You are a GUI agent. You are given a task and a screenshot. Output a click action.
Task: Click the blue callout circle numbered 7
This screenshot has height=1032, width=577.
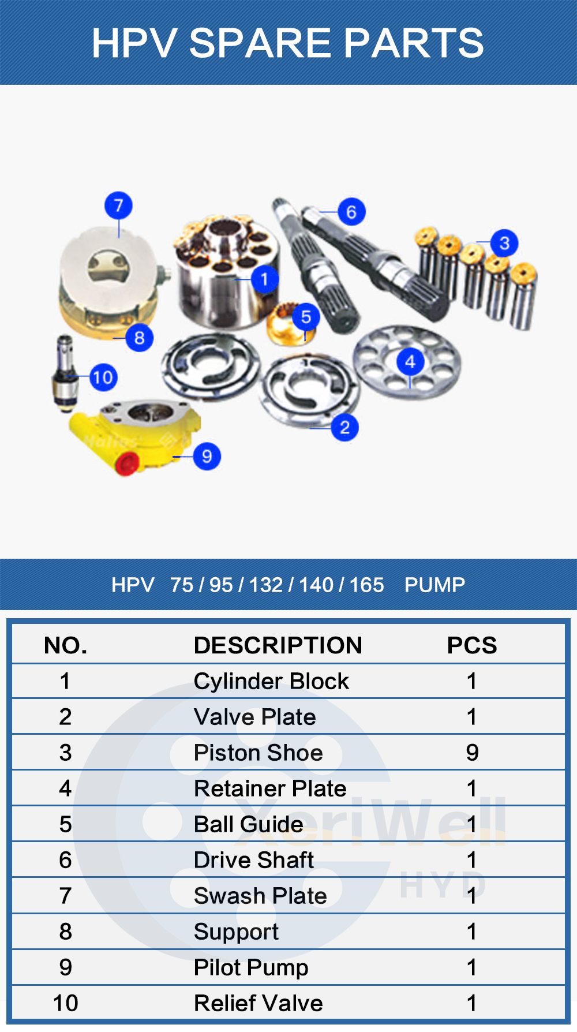click(118, 206)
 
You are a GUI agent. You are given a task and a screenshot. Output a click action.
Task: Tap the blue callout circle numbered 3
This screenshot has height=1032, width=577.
click(504, 243)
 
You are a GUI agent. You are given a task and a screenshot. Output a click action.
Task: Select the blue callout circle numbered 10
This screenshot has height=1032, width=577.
click(103, 377)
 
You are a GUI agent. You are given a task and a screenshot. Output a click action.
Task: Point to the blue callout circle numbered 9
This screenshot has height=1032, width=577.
click(207, 456)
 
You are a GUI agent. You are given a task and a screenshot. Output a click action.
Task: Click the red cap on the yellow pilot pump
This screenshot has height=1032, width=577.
click(126, 463)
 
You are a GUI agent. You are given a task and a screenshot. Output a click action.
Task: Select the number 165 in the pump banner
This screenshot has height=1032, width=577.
click(366, 585)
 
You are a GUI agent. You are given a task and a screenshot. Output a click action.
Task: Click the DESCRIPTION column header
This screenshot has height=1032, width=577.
click(278, 645)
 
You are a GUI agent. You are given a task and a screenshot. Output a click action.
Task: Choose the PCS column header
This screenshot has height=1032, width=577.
click(471, 645)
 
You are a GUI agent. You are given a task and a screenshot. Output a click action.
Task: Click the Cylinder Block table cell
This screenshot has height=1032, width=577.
click(271, 681)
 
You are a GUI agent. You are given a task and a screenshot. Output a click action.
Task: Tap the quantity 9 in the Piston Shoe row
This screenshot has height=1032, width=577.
click(472, 753)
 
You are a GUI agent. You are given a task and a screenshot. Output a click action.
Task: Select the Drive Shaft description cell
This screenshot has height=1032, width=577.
click(254, 860)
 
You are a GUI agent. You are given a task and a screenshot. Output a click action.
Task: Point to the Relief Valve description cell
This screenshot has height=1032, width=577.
click(258, 1003)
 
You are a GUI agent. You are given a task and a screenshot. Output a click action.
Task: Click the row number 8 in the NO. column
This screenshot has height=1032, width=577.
click(65, 932)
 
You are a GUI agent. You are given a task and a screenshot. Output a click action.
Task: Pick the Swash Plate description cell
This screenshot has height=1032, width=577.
click(260, 896)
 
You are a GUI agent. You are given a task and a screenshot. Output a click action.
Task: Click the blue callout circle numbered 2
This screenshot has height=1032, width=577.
click(344, 428)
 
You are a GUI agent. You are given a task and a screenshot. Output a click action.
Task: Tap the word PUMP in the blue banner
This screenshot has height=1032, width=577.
click(434, 585)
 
